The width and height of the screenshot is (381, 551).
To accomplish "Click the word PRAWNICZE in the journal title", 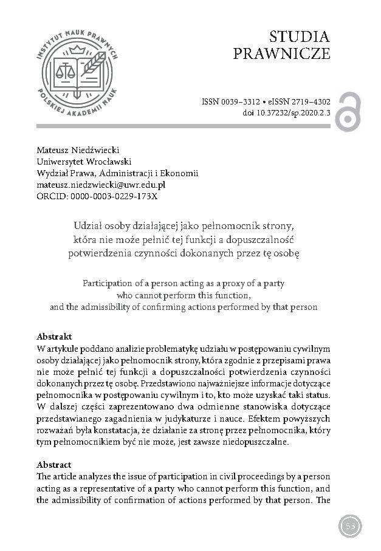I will (x=282, y=54).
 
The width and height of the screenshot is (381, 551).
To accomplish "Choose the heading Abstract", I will (x=54, y=465).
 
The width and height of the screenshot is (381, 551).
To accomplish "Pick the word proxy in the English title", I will (x=246, y=284).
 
